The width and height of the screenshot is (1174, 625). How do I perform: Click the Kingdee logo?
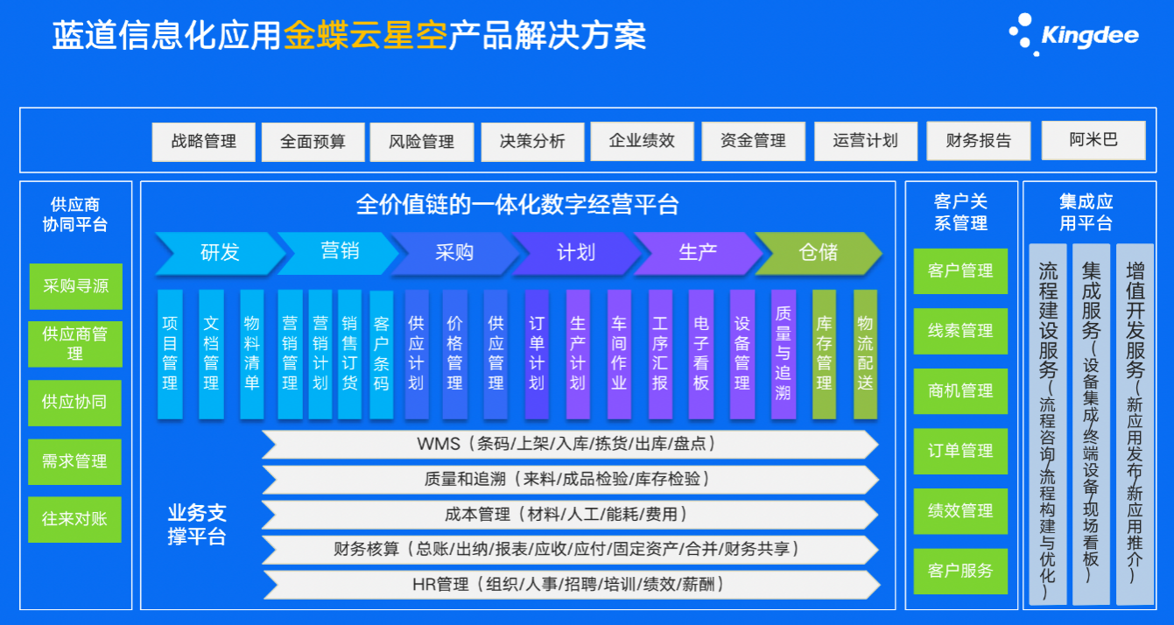pos(1074,35)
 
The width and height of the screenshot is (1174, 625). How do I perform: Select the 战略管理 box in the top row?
pos(203,142)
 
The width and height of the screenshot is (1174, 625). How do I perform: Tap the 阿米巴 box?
pos(1093,140)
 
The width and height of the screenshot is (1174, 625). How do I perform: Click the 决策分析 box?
pos(532,142)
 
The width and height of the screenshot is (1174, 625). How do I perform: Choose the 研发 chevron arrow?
pos(220,253)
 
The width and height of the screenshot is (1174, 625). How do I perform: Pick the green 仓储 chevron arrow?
pos(819,253)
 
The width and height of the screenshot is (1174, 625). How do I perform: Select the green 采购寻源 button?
pos(76,286)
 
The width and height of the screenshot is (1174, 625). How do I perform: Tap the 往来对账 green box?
pos(75,519)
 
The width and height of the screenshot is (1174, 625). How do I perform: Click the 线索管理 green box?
pos(960,331)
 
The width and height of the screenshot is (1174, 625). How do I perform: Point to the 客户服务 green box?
pos(960,571)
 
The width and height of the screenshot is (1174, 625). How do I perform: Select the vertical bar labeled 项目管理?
pos(170,355)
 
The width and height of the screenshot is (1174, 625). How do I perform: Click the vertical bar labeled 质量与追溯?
pos(784,355)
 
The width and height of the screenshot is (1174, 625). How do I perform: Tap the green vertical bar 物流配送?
pos(865,355)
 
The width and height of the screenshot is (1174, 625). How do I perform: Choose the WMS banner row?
pos(570,445)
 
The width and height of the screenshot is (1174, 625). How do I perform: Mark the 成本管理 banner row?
pos(570,515)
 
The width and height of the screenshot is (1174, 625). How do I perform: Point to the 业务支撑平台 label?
pos(197,525)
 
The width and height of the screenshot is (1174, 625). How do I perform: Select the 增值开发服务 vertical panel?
pos(1135,425)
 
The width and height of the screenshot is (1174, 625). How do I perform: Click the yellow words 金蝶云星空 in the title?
pos(366,36)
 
